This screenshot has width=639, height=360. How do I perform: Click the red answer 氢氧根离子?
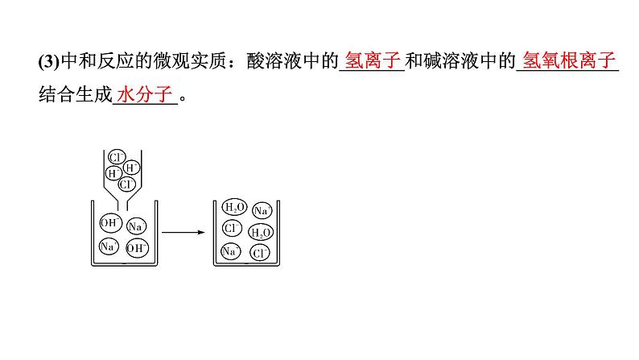click(x=568, y=61)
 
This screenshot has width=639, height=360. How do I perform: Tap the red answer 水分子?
click(x=146, y=96)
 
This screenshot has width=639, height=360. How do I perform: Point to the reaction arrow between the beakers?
click(x=180, y=232)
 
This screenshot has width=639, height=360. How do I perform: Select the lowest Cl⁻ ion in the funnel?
click(x=126, y=184)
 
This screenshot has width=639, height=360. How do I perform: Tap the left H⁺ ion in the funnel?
click(x=114, y=172)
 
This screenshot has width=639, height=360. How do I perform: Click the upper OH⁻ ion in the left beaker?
click(x=111, y=221)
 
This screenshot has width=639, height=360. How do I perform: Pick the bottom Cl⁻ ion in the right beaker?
click(x=260, y=253)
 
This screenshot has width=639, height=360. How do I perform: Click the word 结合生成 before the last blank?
click(x=72, y=96)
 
